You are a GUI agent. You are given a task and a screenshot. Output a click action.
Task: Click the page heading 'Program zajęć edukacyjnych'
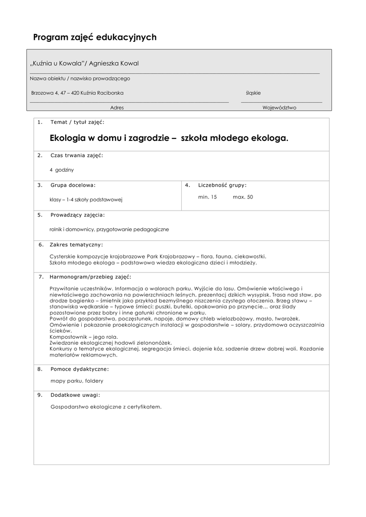pyautogui.click(x=94, y=37)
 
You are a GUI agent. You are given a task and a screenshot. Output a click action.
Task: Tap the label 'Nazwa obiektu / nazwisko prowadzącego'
pyautogui.click(x=80, y=79)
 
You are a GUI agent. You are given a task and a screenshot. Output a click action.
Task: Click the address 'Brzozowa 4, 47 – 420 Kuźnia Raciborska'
pyautogui.click(x=77, y=93)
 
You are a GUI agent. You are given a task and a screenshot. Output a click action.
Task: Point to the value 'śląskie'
pyautogui.click(x=253, y=93)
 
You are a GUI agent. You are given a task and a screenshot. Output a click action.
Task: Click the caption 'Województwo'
pyautogui.click(x=279, y=108)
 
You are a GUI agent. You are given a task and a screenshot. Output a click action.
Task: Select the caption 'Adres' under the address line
pyautogui.click(x=117, y=108)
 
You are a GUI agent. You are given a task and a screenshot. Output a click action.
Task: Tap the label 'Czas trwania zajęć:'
pyautogui.click(x=77, y=156)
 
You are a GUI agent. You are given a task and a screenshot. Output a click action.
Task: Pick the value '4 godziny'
pyautogui.click(x=62, y=170)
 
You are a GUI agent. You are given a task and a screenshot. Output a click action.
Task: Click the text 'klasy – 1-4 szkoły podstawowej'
pyautogui.click(x=86, y=199)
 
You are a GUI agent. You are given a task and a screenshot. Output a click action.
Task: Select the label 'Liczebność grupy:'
pyautogui.click(x=223, y=185)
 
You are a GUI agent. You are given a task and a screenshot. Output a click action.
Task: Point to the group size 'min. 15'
pyautogui.click(x=207, y=197)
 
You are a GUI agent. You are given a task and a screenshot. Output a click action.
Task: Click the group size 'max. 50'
pyautogui.click(x=243, y=197)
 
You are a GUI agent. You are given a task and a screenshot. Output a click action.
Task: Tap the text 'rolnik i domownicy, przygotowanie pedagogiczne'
pyautogui.click(x=109, y=229)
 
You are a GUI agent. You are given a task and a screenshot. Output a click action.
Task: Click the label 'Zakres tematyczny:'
pyautogui.click(x=76, y=245)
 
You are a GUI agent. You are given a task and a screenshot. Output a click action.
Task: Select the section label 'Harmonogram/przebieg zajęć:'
pyautogui.click(x=90, y=277)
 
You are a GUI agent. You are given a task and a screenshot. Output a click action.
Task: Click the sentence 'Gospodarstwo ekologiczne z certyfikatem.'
pyautogui.click(x=106, y=406)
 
